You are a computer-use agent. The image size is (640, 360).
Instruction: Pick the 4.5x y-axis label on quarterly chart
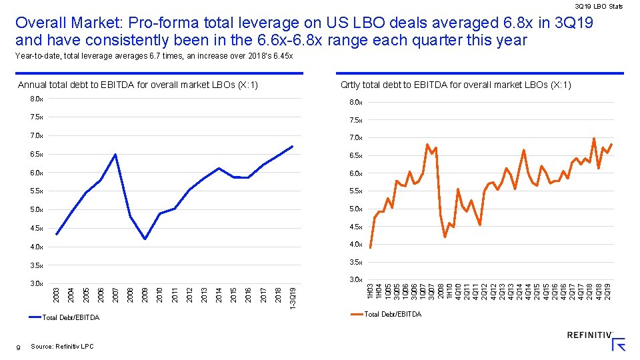[356, 227]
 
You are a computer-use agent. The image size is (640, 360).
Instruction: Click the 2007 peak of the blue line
[115, 155]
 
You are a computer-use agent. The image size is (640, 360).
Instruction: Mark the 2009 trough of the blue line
[145, 239]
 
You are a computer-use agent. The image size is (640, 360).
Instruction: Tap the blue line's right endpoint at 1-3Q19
[293, 147]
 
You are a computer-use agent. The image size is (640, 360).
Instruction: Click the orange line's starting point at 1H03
[370, 248]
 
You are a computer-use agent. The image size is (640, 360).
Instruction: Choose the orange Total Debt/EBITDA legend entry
[393, 314]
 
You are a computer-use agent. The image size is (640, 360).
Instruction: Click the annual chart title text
[138, 85]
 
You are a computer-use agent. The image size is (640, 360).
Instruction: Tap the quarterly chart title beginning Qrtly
[455, 85]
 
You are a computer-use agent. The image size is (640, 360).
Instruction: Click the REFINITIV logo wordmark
[590, 335]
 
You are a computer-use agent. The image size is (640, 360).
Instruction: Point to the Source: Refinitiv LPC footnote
[61, 347]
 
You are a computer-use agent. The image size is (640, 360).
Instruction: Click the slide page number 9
[19, 347]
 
